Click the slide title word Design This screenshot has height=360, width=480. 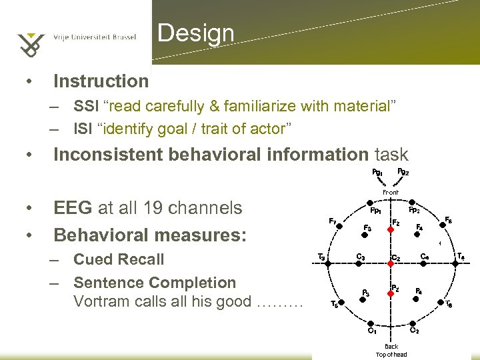pyautogui.click(x=196, y=33)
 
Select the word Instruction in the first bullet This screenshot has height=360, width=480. pyautogui.click(x=101, y=81)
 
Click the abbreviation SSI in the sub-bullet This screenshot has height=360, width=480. pyautogui.click(x=85, y=107)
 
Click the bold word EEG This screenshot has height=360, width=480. pyautogui.click(x=73, y=208)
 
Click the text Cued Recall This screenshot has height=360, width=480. pyautogui.click(x=119, y=259)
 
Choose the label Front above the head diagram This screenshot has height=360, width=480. pyautogui.click(x=391, y=193)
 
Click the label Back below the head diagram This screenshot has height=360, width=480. pyautogui.click(x=391, y=346)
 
